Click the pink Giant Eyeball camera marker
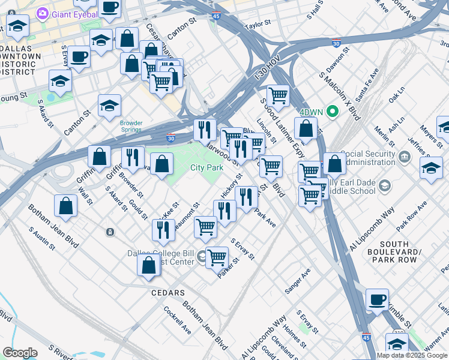[43, 13]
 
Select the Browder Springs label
[131, 126]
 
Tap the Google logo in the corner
[19, 353]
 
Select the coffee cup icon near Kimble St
[377, 298]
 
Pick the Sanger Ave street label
[298, 280]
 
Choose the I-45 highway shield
[367, 339]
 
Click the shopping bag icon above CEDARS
[148, 264]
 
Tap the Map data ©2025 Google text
[412, 355]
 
